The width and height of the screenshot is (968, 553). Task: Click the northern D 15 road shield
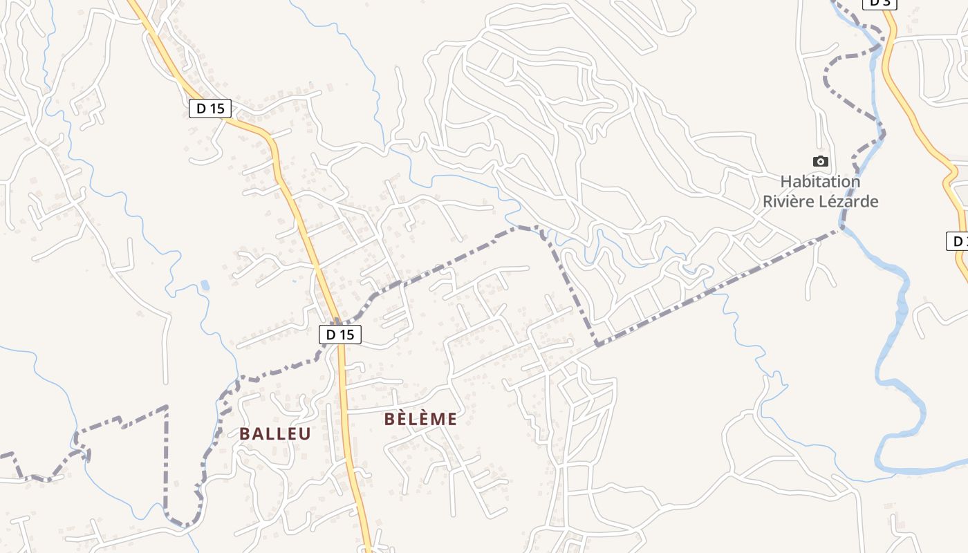pyautogui.click(x=210, y=109)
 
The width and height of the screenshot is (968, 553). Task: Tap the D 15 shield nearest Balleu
pyautogui.click(x=339, y=335)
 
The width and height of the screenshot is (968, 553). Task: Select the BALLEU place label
pyautogui.click(x=274, y=434)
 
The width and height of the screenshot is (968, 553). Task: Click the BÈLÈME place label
pyautogui.click(x=420, y=419)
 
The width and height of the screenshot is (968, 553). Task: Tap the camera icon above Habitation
pyautogui.click(x=820, y=161)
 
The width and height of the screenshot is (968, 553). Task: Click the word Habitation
pyautogui.click(x=820, y=182)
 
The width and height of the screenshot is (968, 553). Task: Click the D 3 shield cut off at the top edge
pyautogui.click(x=879, y=3)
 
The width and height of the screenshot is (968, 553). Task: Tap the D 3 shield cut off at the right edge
pyautogui.click(x=957, y=241)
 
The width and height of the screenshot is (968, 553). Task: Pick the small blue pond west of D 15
pyautogui.click(x=205, y=285)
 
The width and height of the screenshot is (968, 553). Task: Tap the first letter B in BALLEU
pyautogui.click(x=244, y=434)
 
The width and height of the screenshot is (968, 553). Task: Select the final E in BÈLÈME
pyautogui.click(x=452, y=419)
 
